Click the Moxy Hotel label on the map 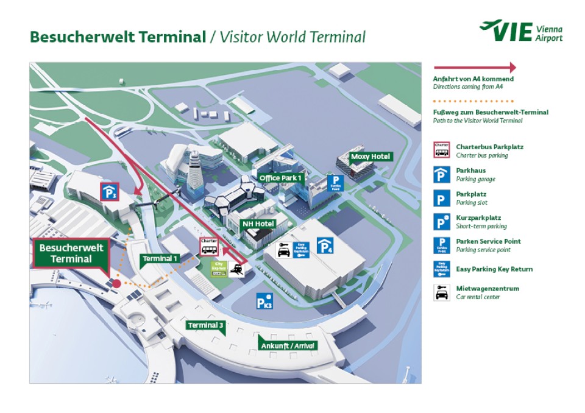pos(370,157)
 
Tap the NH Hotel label pos(259,224)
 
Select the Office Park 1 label pos(281,178)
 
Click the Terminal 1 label pos(160,258)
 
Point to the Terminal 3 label pos(206,325)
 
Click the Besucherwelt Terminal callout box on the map pos(72,253)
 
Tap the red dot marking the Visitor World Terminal pos(116,284)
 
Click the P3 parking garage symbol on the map pos(110,192)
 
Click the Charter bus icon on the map pos(209,246)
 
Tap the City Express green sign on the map pos(218,269)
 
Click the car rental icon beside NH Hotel pos(283,250)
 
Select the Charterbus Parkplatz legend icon pos(441,150)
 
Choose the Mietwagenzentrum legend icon pos(441,292)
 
